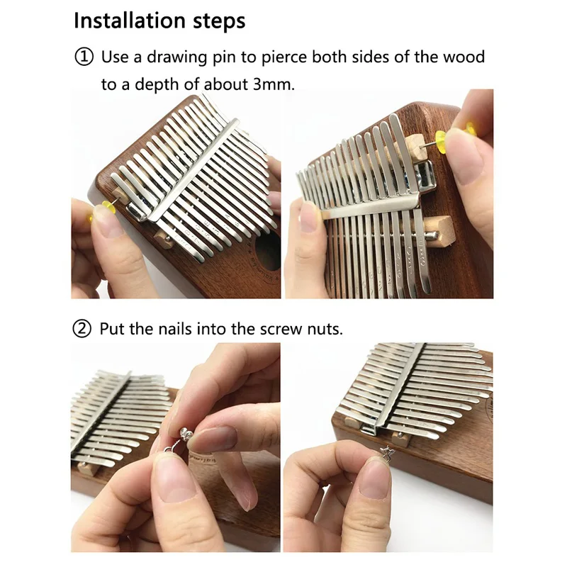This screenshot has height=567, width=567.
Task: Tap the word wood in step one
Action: tap(466, 57)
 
